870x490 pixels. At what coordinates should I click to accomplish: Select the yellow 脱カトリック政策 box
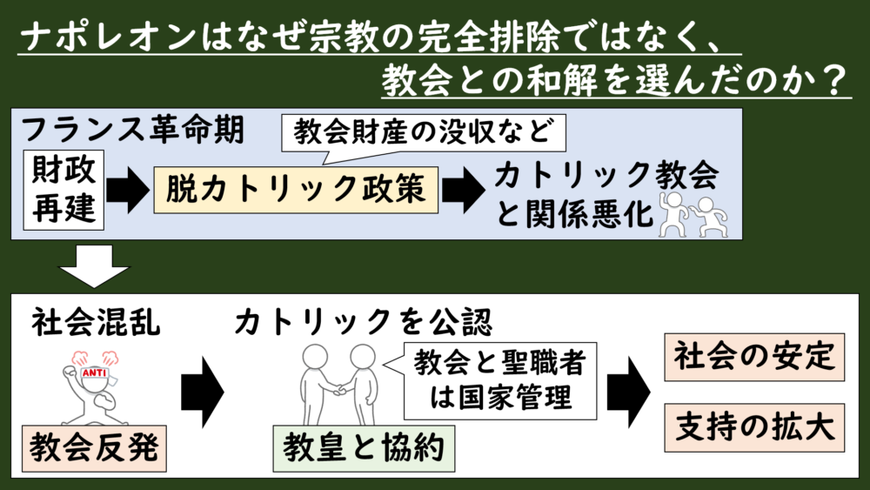296,190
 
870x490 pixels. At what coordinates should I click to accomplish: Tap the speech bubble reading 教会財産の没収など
425,133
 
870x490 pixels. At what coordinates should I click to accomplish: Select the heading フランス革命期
130,131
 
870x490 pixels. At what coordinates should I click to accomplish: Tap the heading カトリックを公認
363,323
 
